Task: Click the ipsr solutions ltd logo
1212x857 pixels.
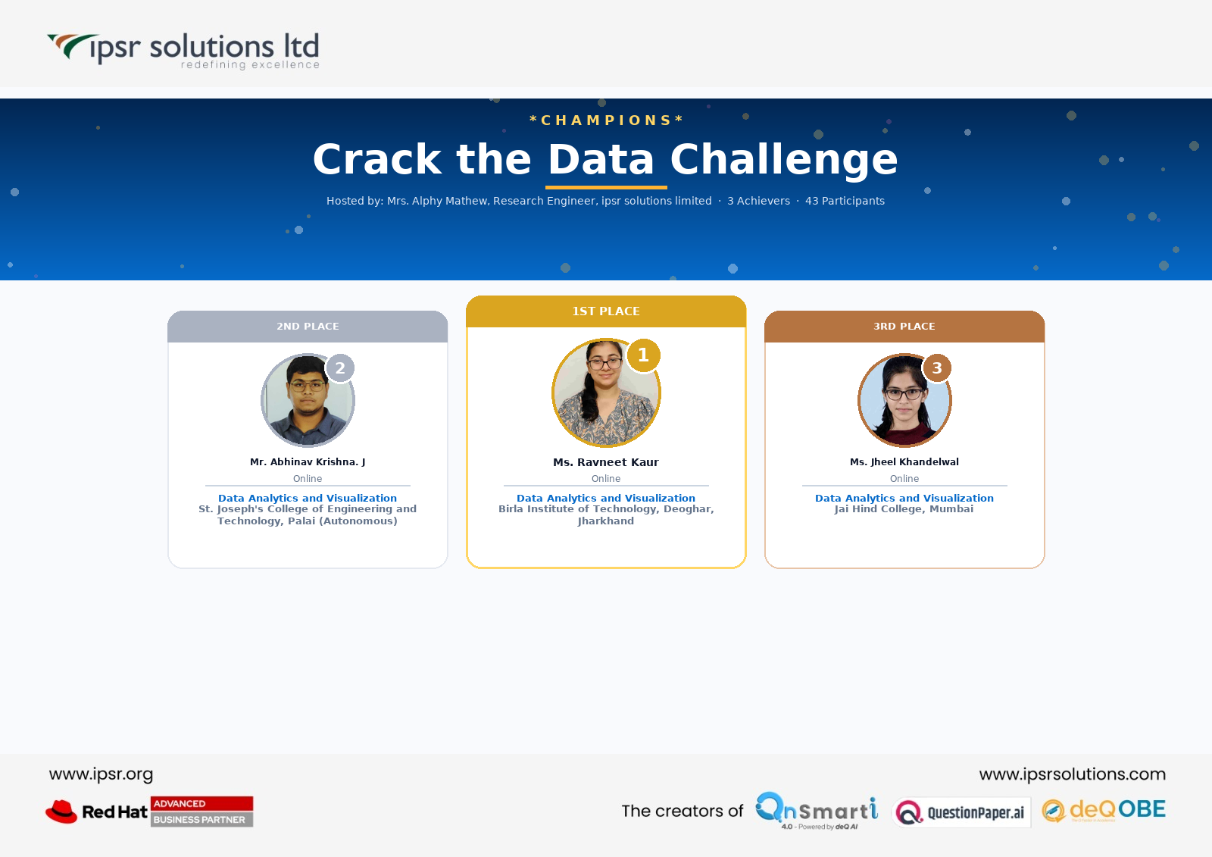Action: point(183,51)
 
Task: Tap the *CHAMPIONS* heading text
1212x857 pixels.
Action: point(606,120)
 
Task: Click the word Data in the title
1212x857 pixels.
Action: point(601,159)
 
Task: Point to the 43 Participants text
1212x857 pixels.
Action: point(845,201)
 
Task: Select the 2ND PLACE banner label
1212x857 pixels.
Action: point(308,327)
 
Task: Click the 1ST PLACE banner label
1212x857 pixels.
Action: point(606,311)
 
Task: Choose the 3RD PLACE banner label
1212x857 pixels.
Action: point(904,327)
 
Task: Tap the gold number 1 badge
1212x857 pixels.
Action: point(643,355)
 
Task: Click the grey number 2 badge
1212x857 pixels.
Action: point(340,368)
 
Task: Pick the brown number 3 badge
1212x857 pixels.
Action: point(936,368)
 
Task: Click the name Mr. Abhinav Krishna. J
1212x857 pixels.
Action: point(308,461)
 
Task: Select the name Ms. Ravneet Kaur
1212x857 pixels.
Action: point(606,462)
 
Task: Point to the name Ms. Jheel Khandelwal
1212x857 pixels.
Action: point(904,461)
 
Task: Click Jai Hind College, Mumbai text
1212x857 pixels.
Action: point(904,509)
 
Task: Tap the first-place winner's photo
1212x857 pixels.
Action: point(606,393)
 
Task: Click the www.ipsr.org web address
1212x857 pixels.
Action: point(102,774)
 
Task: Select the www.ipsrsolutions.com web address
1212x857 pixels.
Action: point(1073,774)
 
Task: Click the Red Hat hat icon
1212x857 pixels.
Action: point(61,812)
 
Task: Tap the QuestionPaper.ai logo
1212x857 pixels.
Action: point(961,812)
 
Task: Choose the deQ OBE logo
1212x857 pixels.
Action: point(1104,811)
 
